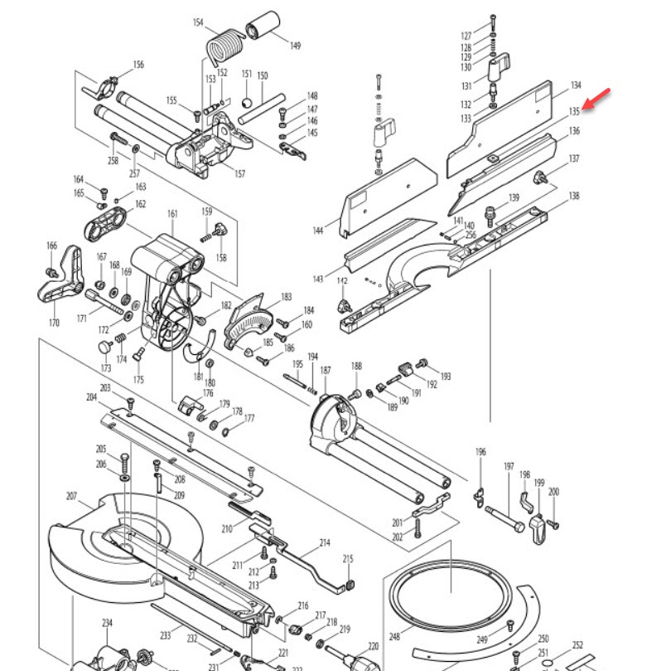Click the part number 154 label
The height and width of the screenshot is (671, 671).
point(198,22)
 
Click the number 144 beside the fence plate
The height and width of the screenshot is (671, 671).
point(319,231)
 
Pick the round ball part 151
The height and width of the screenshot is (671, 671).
point(246,102)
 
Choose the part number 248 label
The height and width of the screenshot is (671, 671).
point(394,637)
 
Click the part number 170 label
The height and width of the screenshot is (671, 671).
point(54,323)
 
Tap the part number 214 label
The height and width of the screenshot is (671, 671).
point(325,543)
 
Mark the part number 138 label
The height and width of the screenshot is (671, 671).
point(573,197)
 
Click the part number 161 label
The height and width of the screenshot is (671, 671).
point(172,214)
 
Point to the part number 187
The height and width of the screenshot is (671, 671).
point(326,370)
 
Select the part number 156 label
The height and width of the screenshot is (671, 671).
point(138,65)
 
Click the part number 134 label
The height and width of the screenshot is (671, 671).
point(575,86)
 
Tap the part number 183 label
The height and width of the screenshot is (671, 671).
point(287,296)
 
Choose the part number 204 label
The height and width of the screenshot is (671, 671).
point(91,397)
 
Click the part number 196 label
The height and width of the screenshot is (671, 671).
point(480,452)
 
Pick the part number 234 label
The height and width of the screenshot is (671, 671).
point(107,623)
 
